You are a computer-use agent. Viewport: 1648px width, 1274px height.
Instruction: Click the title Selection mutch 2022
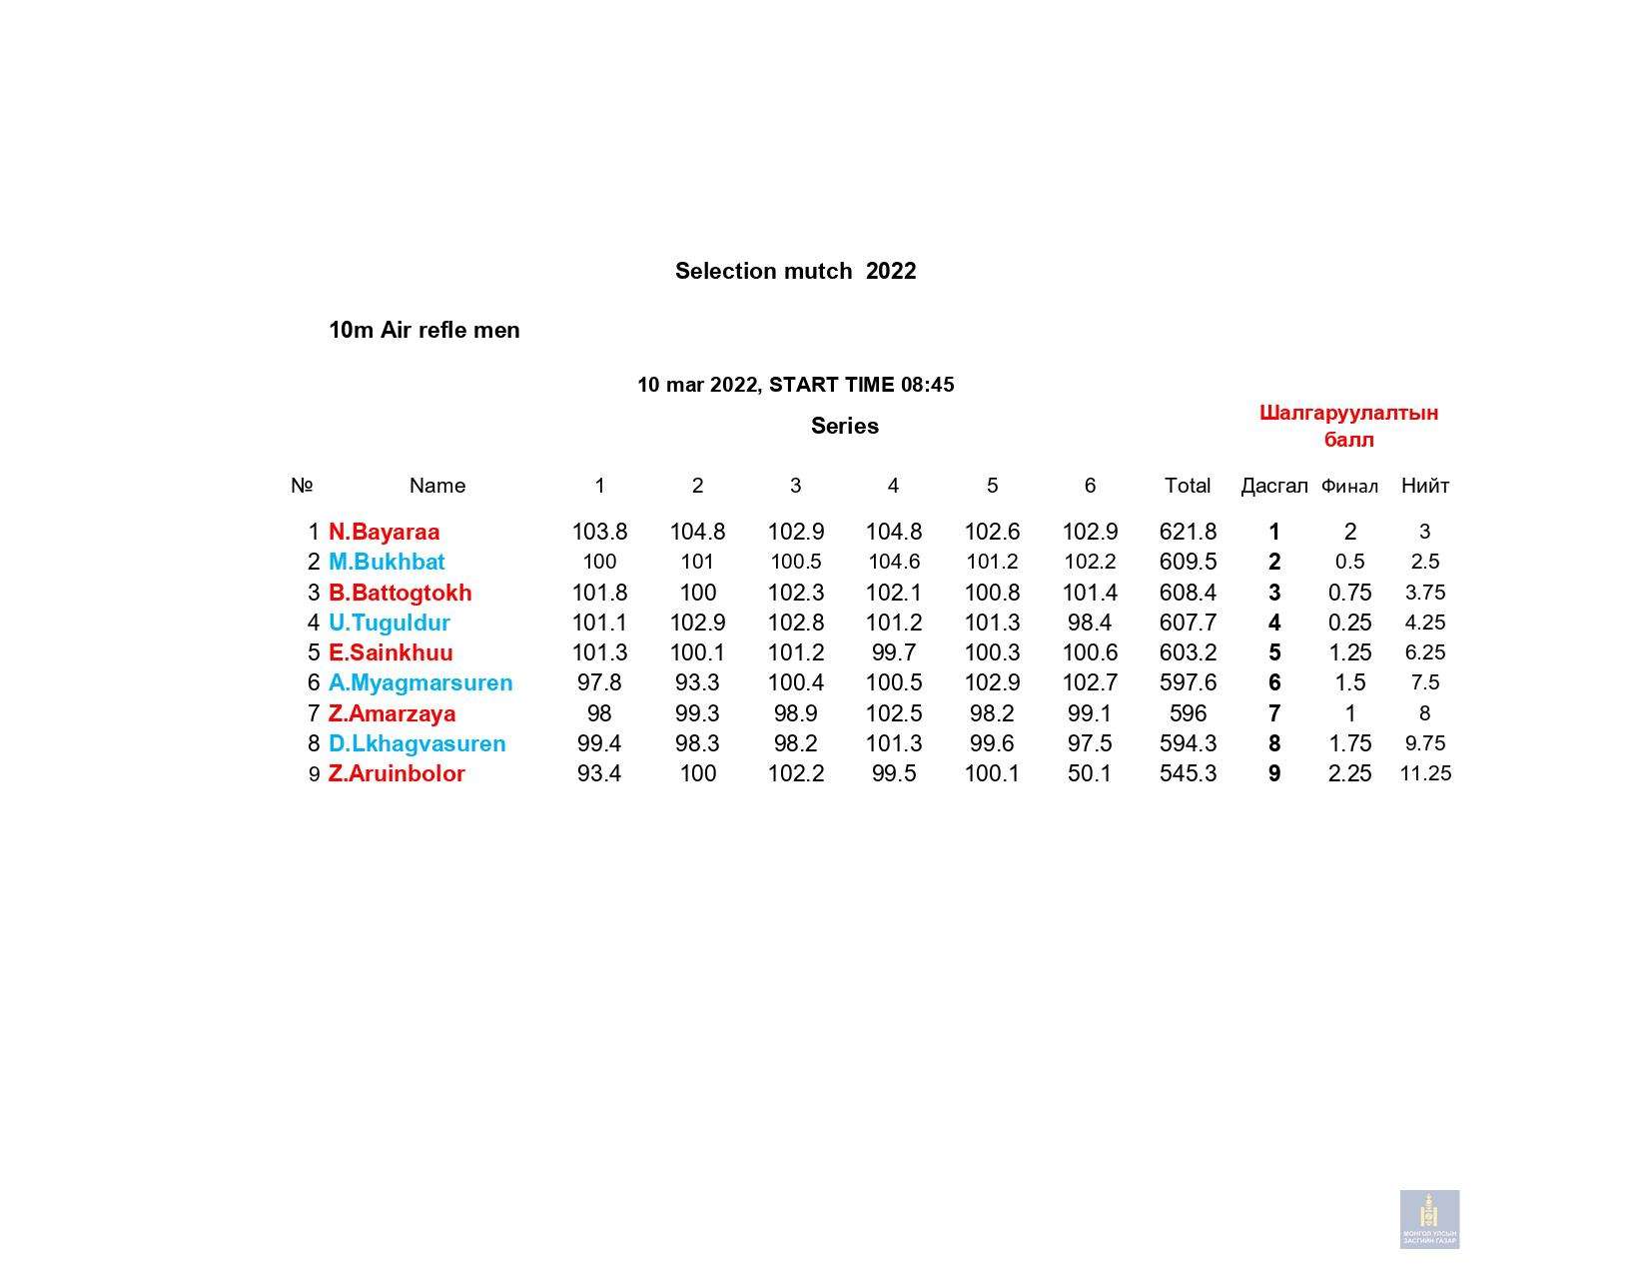pyautogui.click(x=795, y=271)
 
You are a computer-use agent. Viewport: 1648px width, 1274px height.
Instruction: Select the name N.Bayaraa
pyautogui.click(x=384, y=532)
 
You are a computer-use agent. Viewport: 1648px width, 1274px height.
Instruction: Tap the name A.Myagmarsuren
pyautogui.click(x=419, y=682)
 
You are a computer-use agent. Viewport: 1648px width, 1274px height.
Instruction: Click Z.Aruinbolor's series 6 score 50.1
pyautogui.click(x=1089, y=773)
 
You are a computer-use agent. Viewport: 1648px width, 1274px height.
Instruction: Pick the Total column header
pyautogui.click(x=1187, y=486)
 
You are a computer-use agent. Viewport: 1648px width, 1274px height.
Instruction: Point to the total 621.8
pyautogui.click(x=1188, y=532)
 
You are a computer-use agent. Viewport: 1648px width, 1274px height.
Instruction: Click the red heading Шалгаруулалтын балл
pyautogui.click(x=1348, y=426)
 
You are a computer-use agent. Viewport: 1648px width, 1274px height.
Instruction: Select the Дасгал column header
pyautogui.click(x=1273, y=486)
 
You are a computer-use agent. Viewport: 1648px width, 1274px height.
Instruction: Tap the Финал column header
pyautogui.click(x=1348, y=487)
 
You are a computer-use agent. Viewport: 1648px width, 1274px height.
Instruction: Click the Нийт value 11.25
pyautogui.click(x=1425, y=773)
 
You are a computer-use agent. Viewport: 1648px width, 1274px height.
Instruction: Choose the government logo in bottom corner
pyautogui.click(x=1429, y=1219)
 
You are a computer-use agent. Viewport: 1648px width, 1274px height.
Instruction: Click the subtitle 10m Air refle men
pyautogui.click(x=423, y=330)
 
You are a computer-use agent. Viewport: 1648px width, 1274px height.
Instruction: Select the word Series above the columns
pyautogui.click(x=844, y=426)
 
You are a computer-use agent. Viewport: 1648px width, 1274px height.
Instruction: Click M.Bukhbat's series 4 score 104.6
pyautogui.click(x=893, y=562)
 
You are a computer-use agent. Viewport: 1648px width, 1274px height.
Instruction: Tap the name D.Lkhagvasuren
pyautogui.click(x=416, y=743)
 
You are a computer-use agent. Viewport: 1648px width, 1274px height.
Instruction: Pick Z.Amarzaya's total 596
pyautogui.click(x=1188, y=713)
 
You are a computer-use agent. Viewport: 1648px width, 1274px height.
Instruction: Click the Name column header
pyautogui.click(x=436, y=486)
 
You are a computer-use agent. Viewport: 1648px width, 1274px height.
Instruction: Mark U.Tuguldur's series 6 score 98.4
pyautogui.click(x=1089, y=623)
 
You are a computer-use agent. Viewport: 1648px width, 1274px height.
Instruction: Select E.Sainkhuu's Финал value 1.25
pyautogui.click(x=1349, y=652)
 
